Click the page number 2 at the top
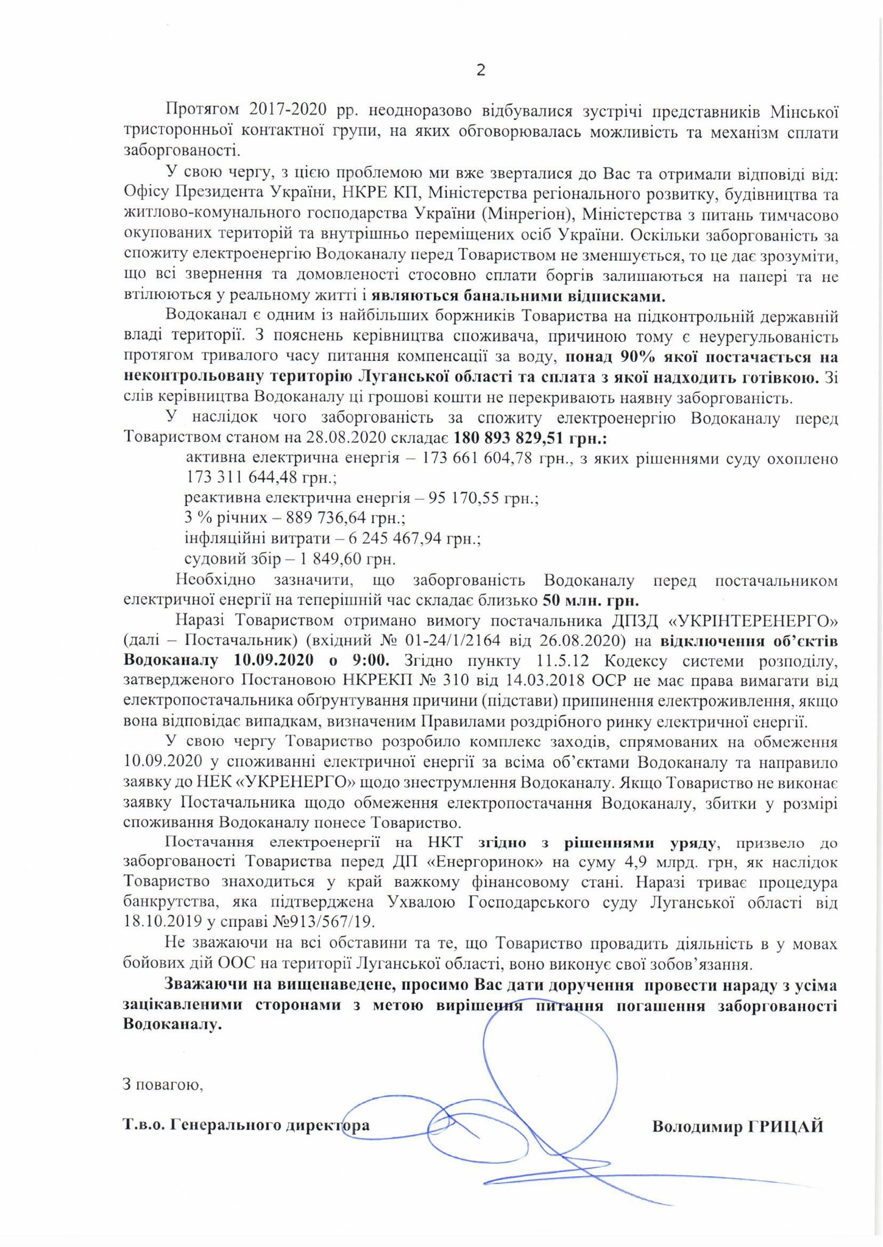pyautogui.click(x=480, y=71)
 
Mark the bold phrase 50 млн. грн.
pyautogui.click(x=590, y=600)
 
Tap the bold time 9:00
pyautogui.click(x=369, y=661)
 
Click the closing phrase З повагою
pyautogui.click(x=163, y=1084)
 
